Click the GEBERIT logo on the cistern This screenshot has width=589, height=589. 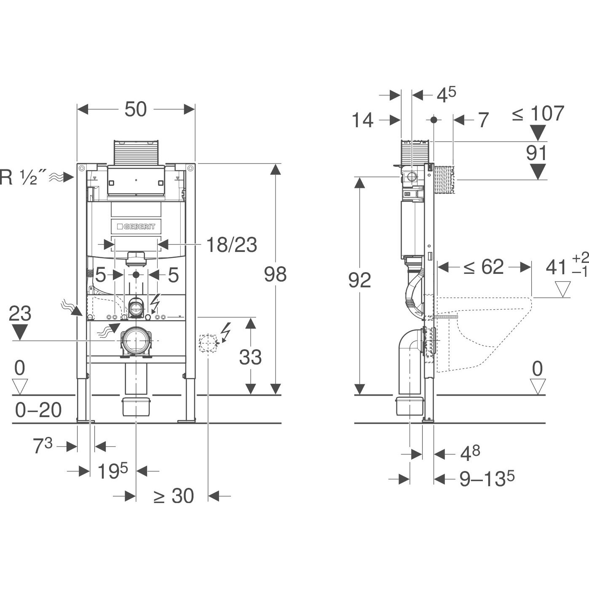136,227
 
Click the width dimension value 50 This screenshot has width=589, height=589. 136,109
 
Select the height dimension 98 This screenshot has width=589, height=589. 275,274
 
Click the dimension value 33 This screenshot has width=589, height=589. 250,357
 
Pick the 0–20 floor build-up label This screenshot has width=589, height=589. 38,410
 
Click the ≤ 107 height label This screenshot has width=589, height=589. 538,113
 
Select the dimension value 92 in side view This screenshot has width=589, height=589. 359,280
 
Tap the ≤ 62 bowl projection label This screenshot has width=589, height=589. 483,267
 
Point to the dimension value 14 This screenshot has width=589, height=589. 362,120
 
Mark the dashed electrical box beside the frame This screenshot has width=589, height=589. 208,343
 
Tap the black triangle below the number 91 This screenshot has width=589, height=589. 538,172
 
